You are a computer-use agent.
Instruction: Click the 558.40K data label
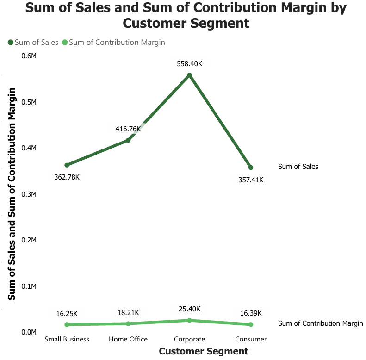pos(189,64)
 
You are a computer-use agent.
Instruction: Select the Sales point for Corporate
pos(189,75)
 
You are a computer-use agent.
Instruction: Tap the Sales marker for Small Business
pos(67,165)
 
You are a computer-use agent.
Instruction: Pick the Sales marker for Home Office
pos(128,140)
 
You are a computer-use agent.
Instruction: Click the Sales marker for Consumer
pos(251,168)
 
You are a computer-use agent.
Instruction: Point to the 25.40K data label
pos(189,309)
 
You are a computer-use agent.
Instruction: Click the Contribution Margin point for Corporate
pos(189,320)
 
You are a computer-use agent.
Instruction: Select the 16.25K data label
pos(67,313)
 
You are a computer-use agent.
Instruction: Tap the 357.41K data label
pos(251,180)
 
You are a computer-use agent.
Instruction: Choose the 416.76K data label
pos(128,129)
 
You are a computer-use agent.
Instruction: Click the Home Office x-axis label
pos(128,339)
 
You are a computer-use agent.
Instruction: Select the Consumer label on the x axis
pos(251,339)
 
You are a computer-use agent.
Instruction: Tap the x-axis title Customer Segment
pos(204,351)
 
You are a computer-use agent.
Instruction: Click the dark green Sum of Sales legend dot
pos(10,43)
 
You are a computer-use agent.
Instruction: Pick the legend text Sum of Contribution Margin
pos(117,43)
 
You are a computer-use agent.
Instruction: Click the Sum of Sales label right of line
pos(298,167)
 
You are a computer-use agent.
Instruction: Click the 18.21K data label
pos(128,313)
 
